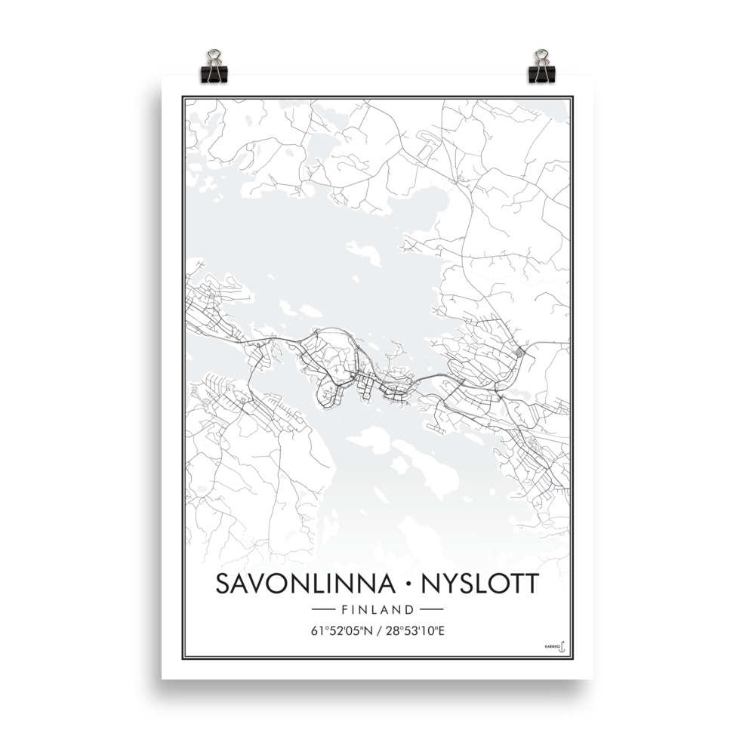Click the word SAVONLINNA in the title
(x=304, y=584)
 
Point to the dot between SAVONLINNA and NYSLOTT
(x=407, y=584)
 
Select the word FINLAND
(x=377, y=609)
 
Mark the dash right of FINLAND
(x=431, y=609)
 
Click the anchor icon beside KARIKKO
(x=562, y=646)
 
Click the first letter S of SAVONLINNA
(x=224, y=584)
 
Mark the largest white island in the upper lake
(x=365, y=253)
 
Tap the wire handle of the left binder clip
(x=214, y=56)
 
